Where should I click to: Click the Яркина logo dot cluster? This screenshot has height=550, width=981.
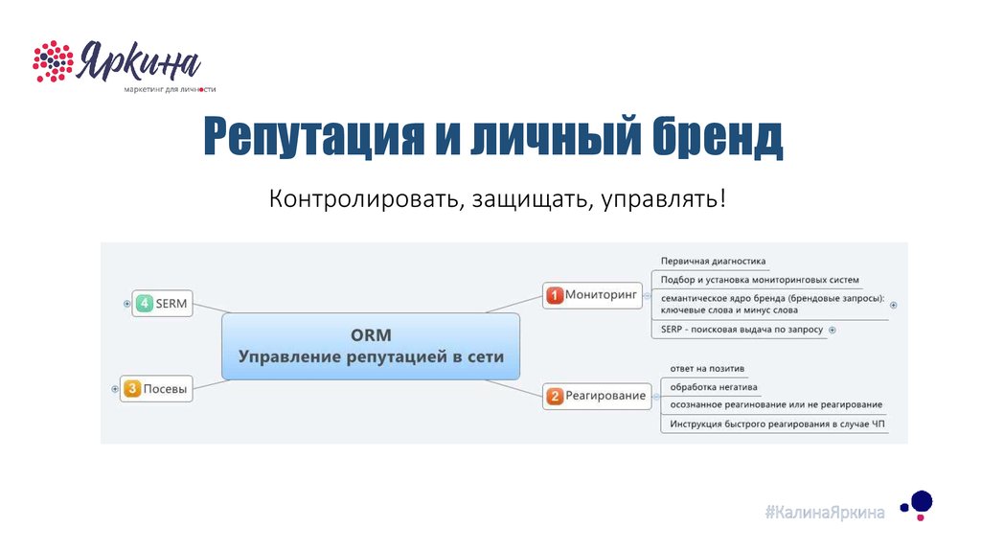tap(54, 61)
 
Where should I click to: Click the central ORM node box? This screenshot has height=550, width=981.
tap(371, 346)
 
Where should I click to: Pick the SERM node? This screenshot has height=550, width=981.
tap(162, 304)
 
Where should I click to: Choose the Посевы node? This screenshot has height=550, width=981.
tap(156, 389)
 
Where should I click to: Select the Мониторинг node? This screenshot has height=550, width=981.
tap(592, 295)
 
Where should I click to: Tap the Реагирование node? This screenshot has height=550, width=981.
tap(597, 396)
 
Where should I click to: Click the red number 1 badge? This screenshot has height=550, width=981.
tap(555, 295)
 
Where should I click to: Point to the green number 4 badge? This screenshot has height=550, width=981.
tap(144, 304)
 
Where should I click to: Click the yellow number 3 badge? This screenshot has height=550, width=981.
tap(132, 389)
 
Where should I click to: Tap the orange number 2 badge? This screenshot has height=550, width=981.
tap(555, 396)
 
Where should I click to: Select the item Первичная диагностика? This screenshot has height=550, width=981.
tap(713, 261)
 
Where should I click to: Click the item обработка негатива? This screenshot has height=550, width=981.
tap(714, 387)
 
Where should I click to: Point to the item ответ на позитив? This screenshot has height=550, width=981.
tap(707, 369)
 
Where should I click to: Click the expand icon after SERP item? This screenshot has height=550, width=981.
tap(833, 330)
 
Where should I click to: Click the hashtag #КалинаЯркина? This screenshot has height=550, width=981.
tap(825, 513)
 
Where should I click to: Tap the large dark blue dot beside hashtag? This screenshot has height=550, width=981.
tap(922, 501)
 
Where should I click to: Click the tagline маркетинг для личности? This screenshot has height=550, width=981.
tap(170, 89)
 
